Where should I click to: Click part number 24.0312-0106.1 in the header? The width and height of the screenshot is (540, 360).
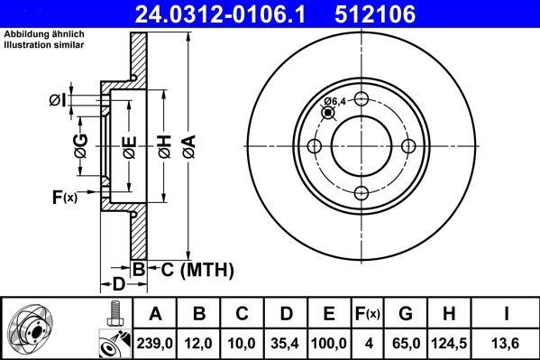pos(234,13)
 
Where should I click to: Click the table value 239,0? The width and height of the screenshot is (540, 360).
pos(154,342)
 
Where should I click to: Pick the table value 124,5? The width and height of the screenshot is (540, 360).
pos(450,342)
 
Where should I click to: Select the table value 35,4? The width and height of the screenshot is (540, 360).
pos(284,342)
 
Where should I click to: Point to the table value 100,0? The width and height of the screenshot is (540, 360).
pos(329,342)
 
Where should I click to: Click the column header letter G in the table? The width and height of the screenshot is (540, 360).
pos(406,315)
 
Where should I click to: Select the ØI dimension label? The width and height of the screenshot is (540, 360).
pos(57,99)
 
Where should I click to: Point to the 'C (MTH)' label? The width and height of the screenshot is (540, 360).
pos(197,269)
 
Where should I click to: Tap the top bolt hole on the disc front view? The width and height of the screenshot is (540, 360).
pos(361,100)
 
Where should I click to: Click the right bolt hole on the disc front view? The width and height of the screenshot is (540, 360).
pos(407,147)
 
